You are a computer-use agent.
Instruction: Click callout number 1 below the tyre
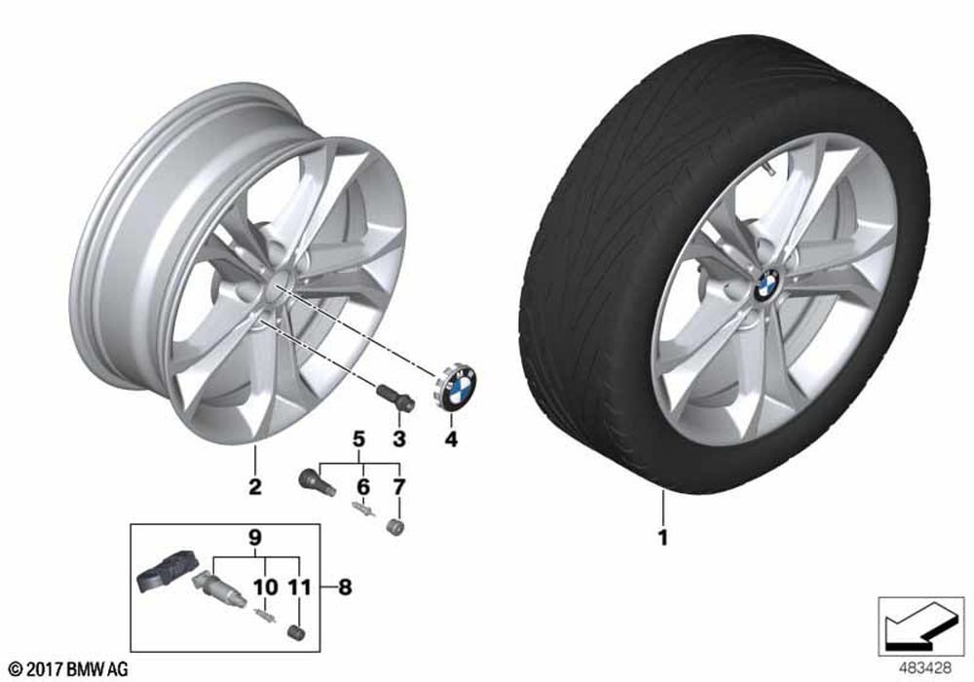[662, 537]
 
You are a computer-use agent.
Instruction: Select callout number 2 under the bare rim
[254, 486]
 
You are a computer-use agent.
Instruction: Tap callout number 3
[398, 438]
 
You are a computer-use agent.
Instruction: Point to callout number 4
[451, 438]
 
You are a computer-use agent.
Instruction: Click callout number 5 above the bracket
[358, 439]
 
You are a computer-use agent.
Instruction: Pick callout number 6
[362, 486]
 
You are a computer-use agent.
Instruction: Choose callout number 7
[398, 486]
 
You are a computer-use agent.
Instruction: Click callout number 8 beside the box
[345, 587]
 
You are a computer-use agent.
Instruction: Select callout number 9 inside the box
[255, 538]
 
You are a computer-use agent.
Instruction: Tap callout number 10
[266, 587]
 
